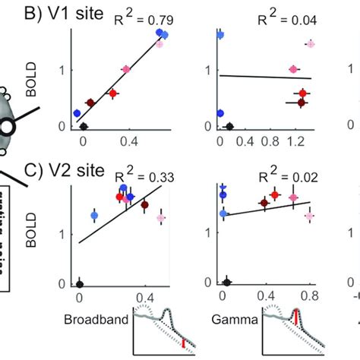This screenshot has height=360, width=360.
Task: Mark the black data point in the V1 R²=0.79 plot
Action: (x=84, y=126)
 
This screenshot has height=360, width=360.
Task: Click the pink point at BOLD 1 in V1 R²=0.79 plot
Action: (x=126, y=69)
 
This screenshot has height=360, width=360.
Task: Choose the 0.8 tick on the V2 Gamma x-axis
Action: (x=309, y=297)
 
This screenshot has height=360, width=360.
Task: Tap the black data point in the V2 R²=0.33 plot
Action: (x=80, y=283)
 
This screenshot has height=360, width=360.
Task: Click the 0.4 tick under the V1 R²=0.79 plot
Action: (x=125, y=141)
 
